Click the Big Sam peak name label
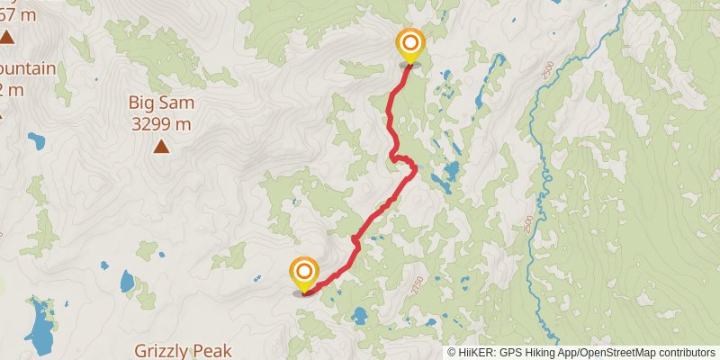[161, 103]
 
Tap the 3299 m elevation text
[161, 124]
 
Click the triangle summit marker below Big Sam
[161, 147]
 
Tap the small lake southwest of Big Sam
[36, 140]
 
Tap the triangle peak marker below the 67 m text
[6, 37]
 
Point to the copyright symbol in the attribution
[453, 353]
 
